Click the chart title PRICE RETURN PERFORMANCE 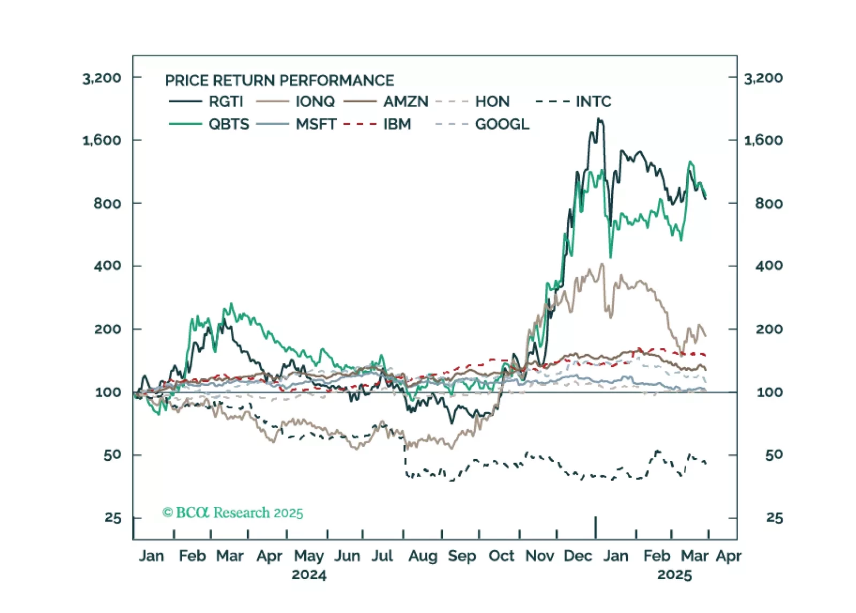279,80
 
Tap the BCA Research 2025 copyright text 233,513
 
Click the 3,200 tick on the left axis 102,78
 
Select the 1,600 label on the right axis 763,140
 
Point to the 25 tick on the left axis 113,518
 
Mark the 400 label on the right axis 769,266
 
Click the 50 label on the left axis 112,455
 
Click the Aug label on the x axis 423,556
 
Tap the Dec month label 577,556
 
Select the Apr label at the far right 729,556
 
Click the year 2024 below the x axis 309,575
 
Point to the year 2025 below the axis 674,575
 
